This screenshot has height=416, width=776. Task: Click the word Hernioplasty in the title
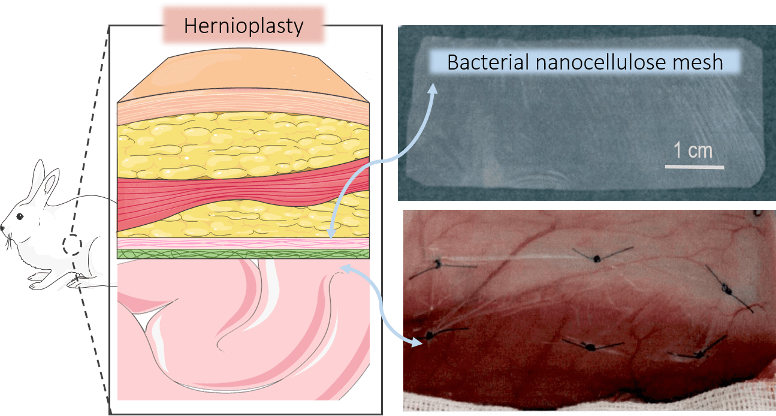coord(243,26)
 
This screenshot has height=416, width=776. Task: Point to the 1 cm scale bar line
coord(695,167)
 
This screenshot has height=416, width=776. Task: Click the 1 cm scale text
coord(693,150)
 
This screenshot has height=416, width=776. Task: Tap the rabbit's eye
coord(20,216)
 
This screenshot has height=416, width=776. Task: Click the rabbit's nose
coord(2,227)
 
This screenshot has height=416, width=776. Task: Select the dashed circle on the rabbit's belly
coord(72,245)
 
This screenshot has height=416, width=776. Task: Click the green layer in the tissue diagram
coord(243,254)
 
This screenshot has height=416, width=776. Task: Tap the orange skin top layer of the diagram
coord(243,74)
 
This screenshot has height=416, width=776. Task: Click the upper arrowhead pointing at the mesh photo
coord(433,88)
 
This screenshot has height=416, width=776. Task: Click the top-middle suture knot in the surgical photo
coord(597,258)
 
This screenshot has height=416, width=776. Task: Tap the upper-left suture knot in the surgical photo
coord(438,264)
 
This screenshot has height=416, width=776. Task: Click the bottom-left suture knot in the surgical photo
coord(430,335)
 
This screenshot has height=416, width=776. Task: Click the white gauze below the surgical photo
coord(589,405)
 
